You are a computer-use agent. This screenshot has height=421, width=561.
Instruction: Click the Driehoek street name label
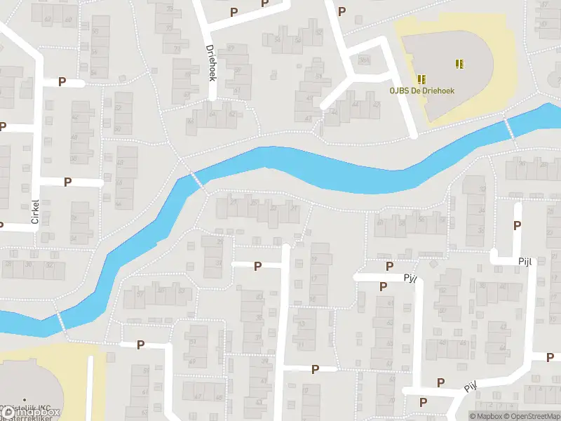click(211, 63)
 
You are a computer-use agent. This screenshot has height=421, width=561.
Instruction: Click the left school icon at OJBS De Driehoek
click(421, 79)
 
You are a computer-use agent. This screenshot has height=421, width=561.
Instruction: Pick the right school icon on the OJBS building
click(459, 64)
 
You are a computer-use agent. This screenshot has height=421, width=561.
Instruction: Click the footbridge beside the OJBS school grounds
click(510, 128)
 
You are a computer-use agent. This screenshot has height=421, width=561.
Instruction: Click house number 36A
click(363, 61)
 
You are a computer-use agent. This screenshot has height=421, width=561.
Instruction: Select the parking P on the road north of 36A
click(342, 11)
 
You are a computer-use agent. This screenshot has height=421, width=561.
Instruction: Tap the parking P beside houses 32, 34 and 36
click(518, 225)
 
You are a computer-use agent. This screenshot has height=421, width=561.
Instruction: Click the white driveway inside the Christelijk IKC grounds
click(91, 382)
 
